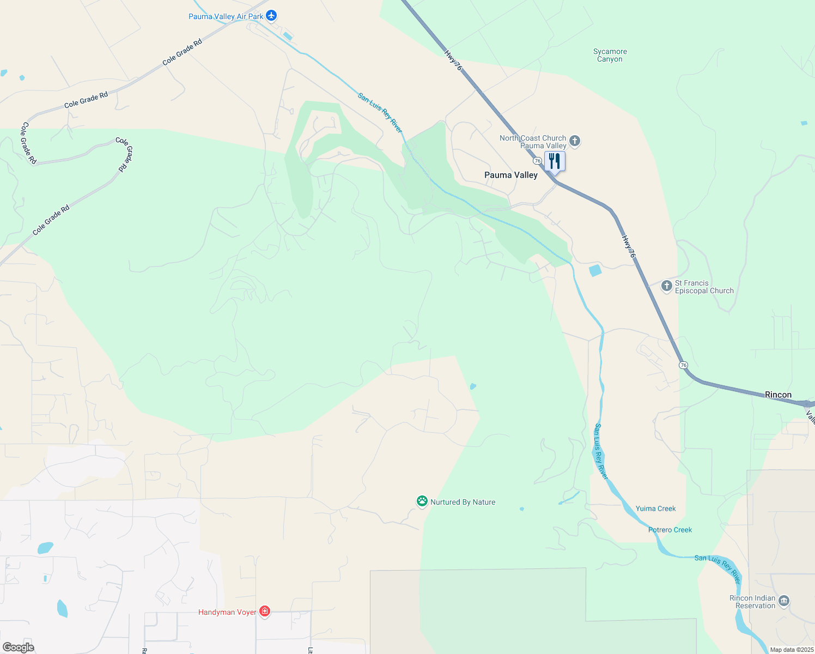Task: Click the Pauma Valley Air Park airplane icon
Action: [x=271, y=16]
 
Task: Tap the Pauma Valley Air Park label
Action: [x=226, y=17]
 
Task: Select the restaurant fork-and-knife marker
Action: [x=555, y=162]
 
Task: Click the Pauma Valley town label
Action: [x=511, y=175]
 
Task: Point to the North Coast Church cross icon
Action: [x=575, y=141]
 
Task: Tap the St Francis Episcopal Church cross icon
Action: [x=667, y=286]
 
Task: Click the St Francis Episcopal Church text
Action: [x=704, y=287]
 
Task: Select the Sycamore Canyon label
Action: [x=610, y=55]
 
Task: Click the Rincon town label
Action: [x=778, y=395]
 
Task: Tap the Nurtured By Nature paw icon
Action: [x=422, y=501]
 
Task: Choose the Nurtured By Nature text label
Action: [x=463, y=502]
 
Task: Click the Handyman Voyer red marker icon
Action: [x=265, y=611]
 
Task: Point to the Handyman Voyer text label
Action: [x=227, y=612]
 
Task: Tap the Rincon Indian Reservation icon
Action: [x=784, y=601]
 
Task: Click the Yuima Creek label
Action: [x=655, y=508]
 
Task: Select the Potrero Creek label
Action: [x=670, y=530]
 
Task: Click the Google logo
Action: [x=18, y=647]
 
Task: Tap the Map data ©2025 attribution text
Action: [x=792, y=650]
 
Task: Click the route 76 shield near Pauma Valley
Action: [x=537, y=161]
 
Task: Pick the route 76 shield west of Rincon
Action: [x=683, y=365]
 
